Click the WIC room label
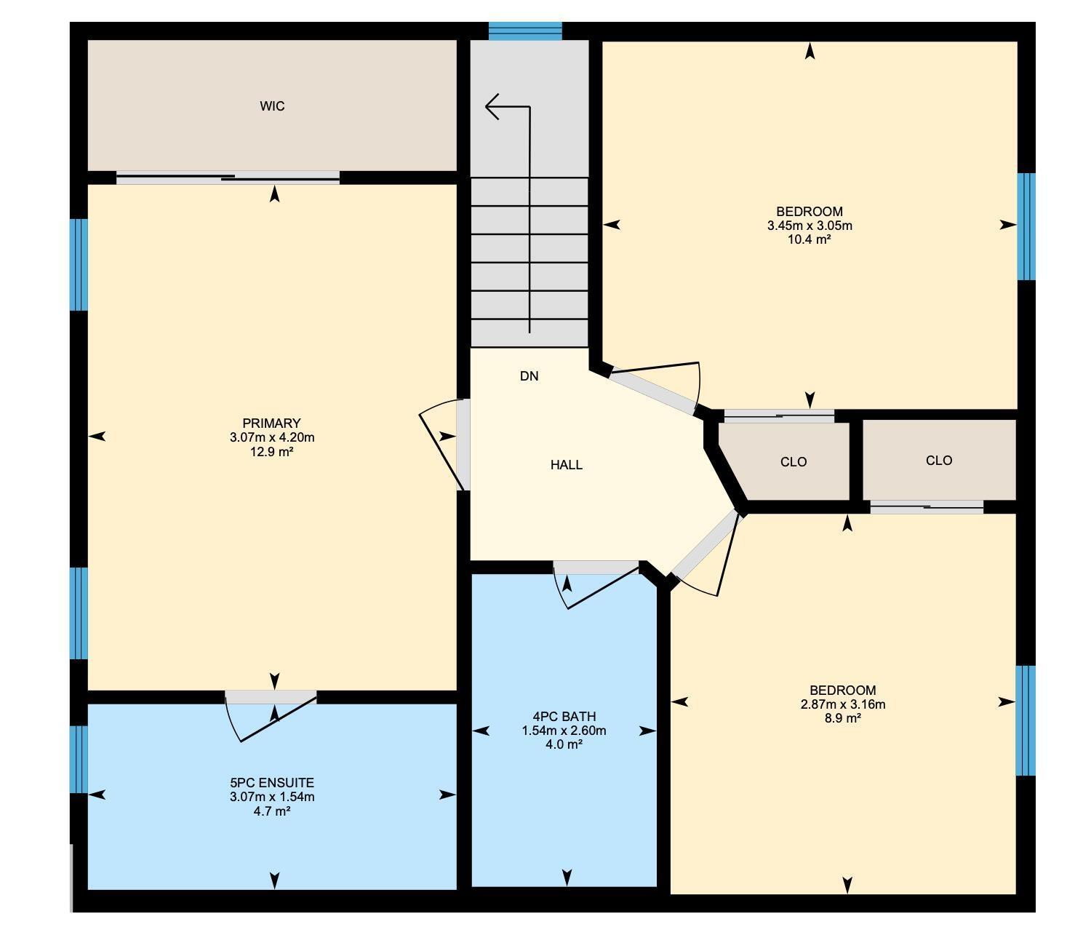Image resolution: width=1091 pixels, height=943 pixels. pyautogui.click(x=272, y=106)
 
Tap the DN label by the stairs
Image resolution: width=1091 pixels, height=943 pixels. pyautogui.click(x=529, y=376)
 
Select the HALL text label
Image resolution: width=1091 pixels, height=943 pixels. pyautogui.click(x=566, y=465)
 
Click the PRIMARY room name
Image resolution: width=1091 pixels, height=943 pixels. pyautogui.click(x=271, y=423)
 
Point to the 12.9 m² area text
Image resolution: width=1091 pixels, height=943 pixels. pyautogui.click(x=272, y=452)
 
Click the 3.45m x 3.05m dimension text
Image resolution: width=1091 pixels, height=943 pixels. pyautogui.click(x=810, y=226)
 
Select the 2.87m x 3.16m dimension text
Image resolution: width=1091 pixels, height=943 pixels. pyautogui.click(x=843, y=704)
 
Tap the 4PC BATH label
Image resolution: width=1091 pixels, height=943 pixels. pyautogui.click(x=564, y=717)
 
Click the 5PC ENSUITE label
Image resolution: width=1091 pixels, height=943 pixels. pyautogui.click(x=272, y=783)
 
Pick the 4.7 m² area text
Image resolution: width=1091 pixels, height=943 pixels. pyautogui.click(x=272, y=811)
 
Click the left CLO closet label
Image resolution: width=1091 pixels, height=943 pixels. pyautogui.click(x=793, y=462)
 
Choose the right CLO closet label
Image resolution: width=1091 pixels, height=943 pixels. pyautogui.click(x=939, y=461)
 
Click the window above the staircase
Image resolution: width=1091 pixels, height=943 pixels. pyautogui.click(x=525, y=31)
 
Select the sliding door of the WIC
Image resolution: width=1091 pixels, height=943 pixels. pyautogui.click(x=228, y=178)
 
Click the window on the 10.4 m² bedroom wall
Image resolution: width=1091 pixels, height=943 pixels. pyautogui.click(x=1026, y=226)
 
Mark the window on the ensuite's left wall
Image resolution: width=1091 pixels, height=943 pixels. pyautogui.click(x=79, y=759)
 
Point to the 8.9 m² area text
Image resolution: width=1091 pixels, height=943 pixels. pyautogui.click(x=843, y=718)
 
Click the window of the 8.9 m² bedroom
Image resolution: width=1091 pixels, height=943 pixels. pyautogui.click(x=1025, y=720)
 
